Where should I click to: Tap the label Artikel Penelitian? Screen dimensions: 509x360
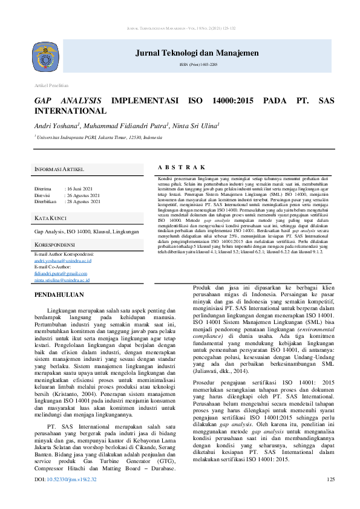click(51, 86)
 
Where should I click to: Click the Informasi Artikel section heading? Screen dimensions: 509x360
click(59, 169)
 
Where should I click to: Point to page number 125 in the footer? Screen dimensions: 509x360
click(330, 498)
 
